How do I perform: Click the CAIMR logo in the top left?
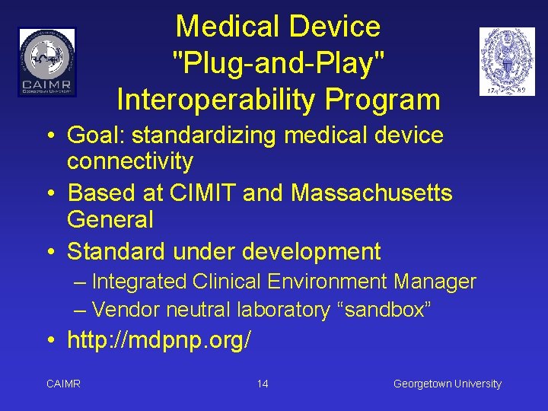tap(47, 62)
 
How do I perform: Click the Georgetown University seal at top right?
tap(507, 62)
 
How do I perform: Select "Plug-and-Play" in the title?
tap(278, 63)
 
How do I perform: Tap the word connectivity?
tap(130, 161)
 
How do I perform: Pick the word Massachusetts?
tap(371, 193)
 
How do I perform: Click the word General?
tap(110, 220)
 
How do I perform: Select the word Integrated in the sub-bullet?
tap(139, 282)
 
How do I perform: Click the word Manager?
tap(435, 282)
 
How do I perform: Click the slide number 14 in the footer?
tap(263, 384)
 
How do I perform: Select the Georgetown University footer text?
tap(447, 384)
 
